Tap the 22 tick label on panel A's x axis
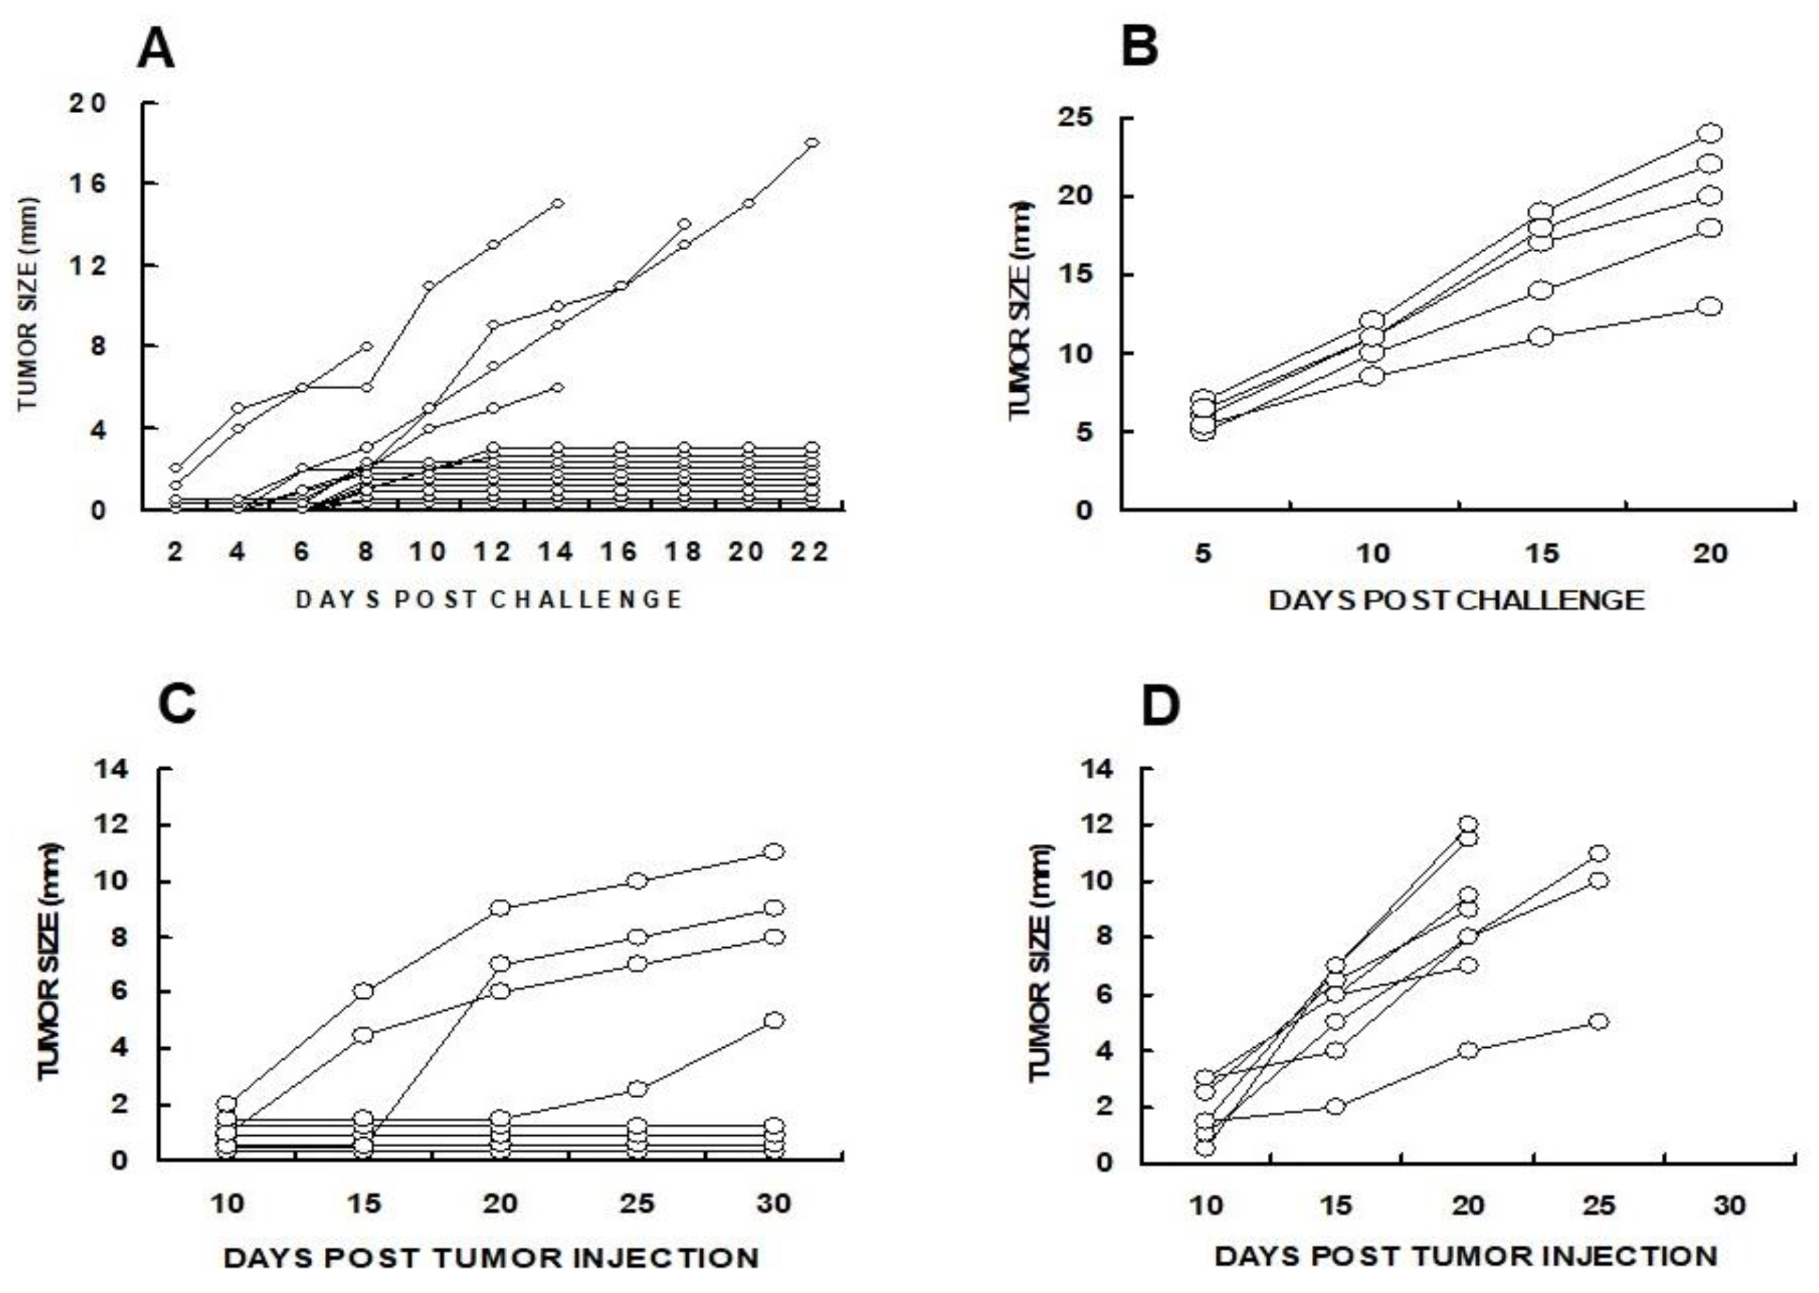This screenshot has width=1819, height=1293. tap(810, 551)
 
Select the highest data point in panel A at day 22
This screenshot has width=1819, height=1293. tap(812, 143)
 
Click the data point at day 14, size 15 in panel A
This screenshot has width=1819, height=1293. tap(557, 203)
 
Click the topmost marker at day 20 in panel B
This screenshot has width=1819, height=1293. tap(1709, 133)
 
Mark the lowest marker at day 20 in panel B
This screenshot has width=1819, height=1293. tap(1709, 307)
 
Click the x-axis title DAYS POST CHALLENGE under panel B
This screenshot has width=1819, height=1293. tap(1456, 599)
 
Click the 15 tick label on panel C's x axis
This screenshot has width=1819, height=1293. tap(364, 1203)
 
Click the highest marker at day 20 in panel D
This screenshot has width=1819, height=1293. tap(1469, 824)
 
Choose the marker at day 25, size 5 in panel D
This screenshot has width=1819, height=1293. tap(1598, 1021)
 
